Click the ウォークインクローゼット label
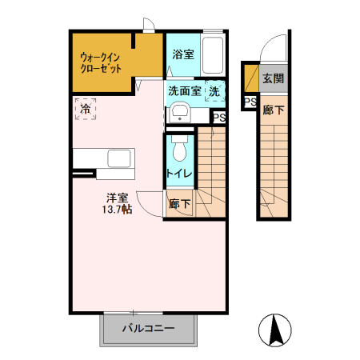[102, 63]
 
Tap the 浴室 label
[183, 55]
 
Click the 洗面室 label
[185, 92]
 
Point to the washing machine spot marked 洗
[214, 92]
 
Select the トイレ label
[178, 173]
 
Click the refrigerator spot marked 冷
[84, 108]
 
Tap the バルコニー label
[148, 328]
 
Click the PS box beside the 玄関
[250, 102]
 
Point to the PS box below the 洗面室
[219, 117]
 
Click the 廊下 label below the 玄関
[273, 110]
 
